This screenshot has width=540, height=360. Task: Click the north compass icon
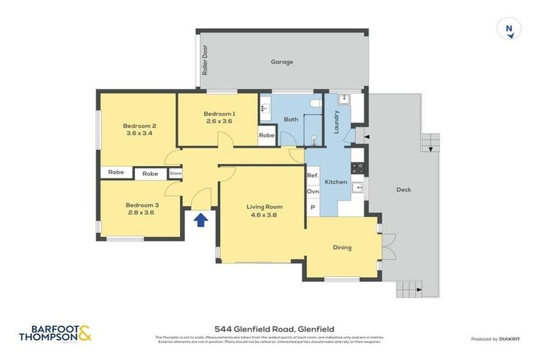coord(508,30)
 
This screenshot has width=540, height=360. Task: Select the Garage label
coord(281,62)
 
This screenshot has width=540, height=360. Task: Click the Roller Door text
coord(205,60)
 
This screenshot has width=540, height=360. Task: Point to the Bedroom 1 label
coord(219,114)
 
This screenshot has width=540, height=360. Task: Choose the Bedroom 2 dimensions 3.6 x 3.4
coord(141,133)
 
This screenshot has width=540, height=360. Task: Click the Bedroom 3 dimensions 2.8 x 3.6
coord(143,212)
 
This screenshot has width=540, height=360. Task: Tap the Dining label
coord(342,247)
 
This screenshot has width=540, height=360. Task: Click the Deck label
coord(404,190)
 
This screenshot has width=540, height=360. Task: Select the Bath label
coord(291,120)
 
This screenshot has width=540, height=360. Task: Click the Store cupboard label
coord(175,173)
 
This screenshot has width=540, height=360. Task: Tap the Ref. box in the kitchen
coord(313,175)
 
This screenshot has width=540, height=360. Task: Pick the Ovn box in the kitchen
coord(313,191)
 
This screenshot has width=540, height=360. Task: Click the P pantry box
coord(312,207)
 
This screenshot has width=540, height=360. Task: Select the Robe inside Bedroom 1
coord(266,135)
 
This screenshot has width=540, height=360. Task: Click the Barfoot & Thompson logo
coord(55,333)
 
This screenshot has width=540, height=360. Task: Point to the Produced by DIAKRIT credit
coord(496,339)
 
